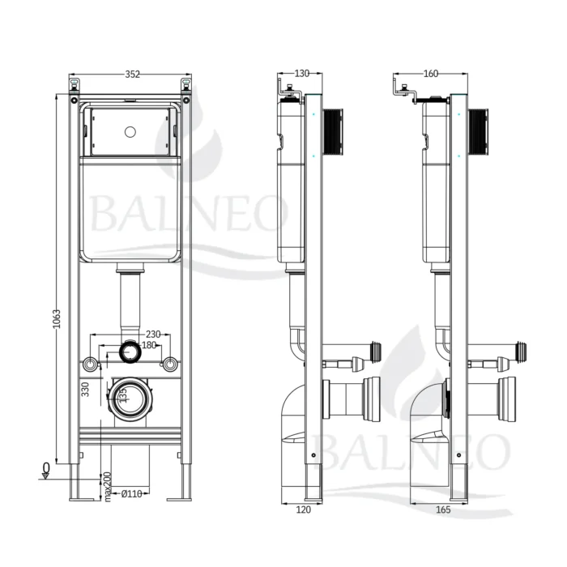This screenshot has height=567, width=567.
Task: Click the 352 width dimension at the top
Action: pyautogui.click(x=133, y=75)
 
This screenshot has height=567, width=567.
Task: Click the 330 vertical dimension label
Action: pyautogui.click(x=85, y=390)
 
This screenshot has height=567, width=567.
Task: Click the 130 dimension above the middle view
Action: pyautogui.click(x=301, y=74)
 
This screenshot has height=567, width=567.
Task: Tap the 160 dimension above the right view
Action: pyautogui.click(x=430, y=74)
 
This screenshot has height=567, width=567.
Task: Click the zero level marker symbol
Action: pyautogui.click(x=47, y=470)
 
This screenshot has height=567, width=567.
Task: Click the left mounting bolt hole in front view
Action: pyautogui.click(x=89, y=364)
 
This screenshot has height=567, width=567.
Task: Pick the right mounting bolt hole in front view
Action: pyautogui.click(x=170, y=364)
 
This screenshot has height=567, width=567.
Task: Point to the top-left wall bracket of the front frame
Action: pyautogui.click(x=75, y=85)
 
